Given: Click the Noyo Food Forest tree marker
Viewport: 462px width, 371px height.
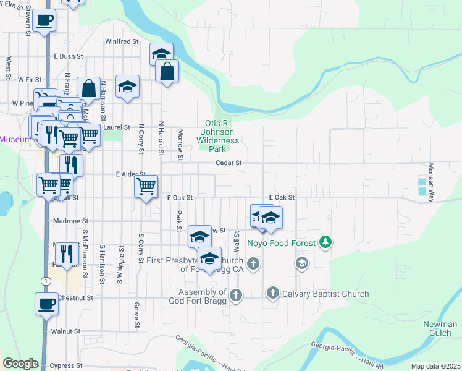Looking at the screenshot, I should click(x=325, y=242).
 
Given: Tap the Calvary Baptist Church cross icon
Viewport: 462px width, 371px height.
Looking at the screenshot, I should click(x=272, y=293).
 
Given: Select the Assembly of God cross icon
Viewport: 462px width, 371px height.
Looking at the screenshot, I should click(x=235, y=297).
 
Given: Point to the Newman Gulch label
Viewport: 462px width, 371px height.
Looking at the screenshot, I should click(x=440, y=329).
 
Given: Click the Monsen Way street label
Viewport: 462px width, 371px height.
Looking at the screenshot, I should click(x=430, y=181).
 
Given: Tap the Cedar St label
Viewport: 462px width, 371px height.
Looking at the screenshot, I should click(x=227, y=163).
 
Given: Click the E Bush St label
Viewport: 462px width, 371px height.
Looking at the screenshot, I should click(x=68, y=56).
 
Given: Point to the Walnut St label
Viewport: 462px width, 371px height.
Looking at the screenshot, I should click(x=66, y=331).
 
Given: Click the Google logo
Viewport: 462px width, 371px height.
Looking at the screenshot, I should click(x=20, y=364).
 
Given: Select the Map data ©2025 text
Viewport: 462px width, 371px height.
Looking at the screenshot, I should click(x=435, y=366).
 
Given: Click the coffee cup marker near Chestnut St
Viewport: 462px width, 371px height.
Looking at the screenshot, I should click(x=47, y=304).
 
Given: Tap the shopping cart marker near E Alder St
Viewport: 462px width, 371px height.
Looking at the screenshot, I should click(x=146, y=185).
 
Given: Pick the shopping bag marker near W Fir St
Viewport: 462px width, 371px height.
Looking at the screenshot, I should click(x=88, y=87).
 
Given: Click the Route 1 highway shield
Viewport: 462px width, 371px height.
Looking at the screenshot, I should click(x=44, y=281).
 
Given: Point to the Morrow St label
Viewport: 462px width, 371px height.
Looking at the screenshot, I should click(x=181, y=144).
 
